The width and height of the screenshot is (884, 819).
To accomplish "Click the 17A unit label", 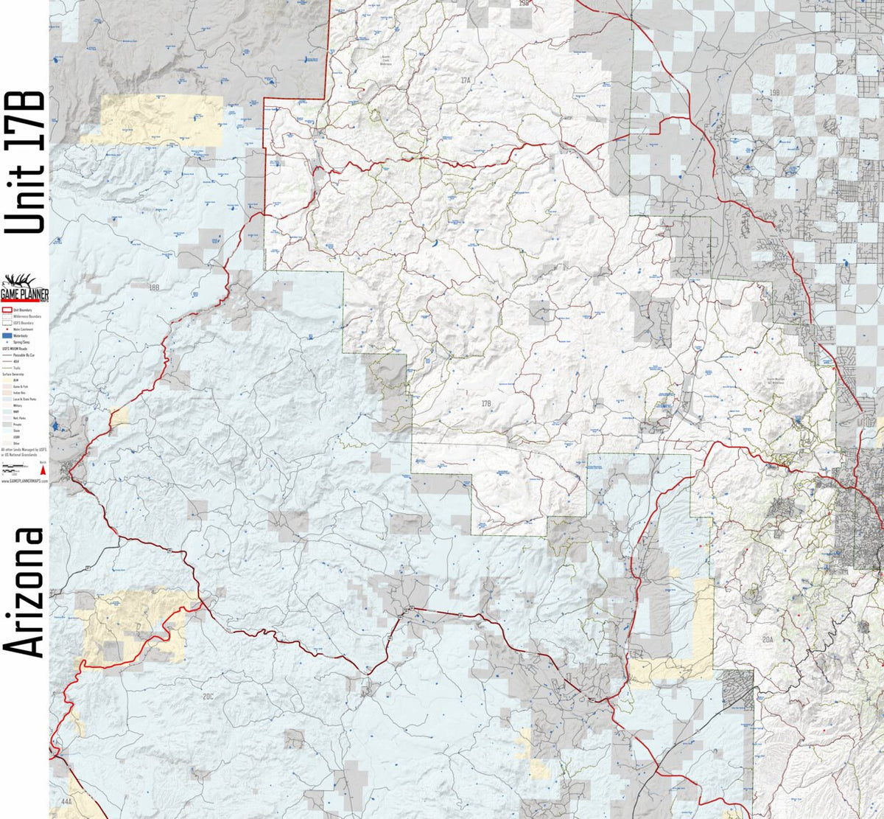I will pyautogui.click(x=465, y=79).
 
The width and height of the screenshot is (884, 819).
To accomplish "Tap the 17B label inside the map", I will pyautogui.click(x=486, y=403).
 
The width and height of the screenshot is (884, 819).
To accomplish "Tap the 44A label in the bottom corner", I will pyautogui.click(x=66, y=800).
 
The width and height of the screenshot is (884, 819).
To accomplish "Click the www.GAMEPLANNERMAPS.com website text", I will pyautogui.click(x=24, y=480).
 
